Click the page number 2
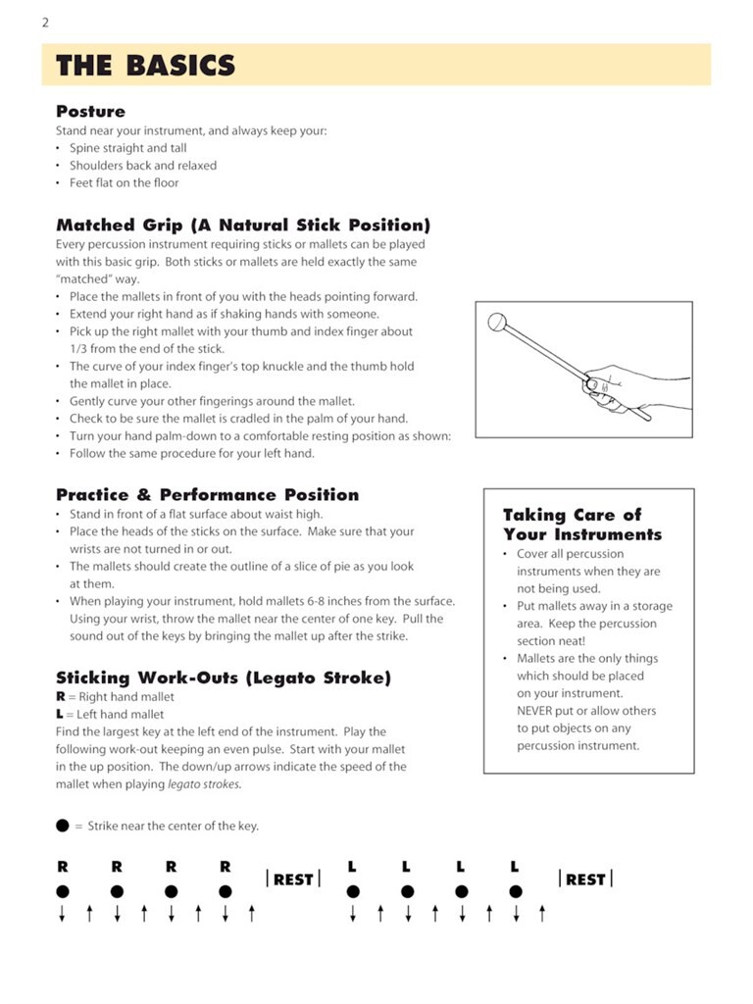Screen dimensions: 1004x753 [x=45, y=23]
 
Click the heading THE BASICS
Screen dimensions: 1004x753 [x=145, y=66]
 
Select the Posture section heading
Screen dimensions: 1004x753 [x=90, y=112]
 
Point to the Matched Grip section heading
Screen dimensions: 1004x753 [x=243, y=226]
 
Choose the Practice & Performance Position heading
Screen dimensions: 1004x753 [x=207, y=495]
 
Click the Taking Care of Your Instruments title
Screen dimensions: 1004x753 [x=582, y=525]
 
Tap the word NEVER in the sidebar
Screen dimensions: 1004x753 [x=538, y=711]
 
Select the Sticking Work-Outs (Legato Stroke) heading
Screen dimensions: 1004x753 [x=224, y=678]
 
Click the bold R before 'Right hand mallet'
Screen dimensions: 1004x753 [x=61, y=697]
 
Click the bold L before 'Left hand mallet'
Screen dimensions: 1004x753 [x=61, y=715]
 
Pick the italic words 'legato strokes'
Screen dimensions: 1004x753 [x=204, y=784]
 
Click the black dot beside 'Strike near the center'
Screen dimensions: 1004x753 [x=63, y=826]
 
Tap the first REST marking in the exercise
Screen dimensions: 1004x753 [x=293, y=879]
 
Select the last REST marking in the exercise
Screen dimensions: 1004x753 [x=585, y=879]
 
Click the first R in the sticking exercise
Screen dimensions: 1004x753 [x=63, y=867]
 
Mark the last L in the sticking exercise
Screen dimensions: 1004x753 [x=515, y=867]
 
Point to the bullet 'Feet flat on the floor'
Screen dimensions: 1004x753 [x=124, y=183]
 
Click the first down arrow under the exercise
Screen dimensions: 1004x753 [x=63, y=915]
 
